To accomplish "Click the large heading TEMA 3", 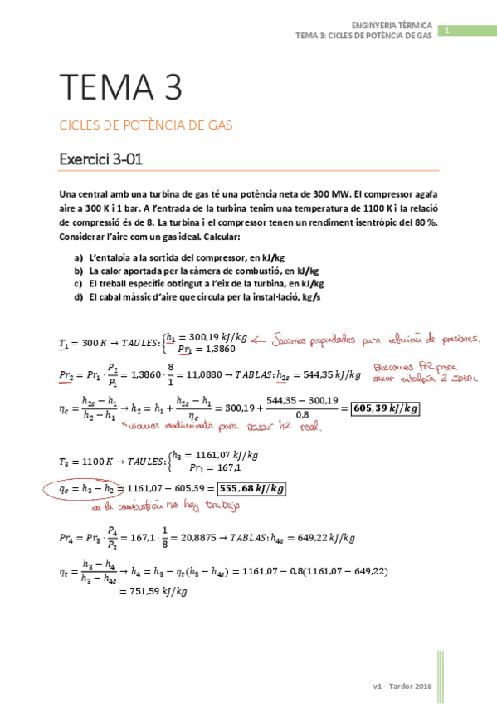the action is coord(120,87).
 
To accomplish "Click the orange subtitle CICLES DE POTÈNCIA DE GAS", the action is coord(145,125).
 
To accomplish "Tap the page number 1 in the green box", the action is coord(446,32).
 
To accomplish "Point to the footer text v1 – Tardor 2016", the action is coord(403,686).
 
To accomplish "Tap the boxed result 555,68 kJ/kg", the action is coord(246,489).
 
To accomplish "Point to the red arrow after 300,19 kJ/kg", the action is coord(266,338).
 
